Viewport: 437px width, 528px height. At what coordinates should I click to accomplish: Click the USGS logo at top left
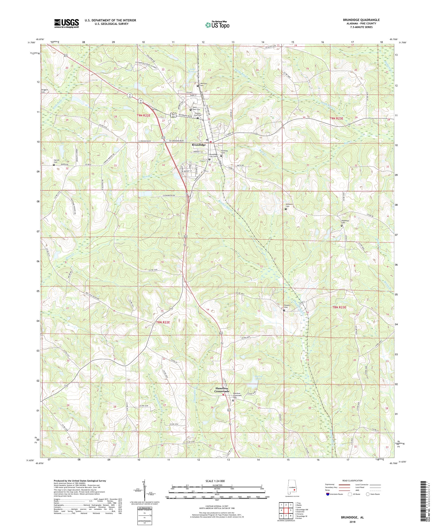pos(67,23)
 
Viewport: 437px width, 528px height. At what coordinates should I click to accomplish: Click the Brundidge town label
pos(199,145)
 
